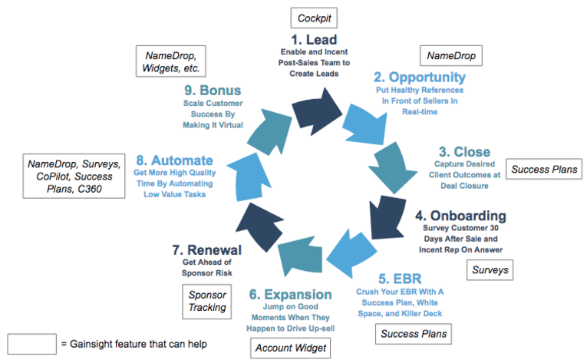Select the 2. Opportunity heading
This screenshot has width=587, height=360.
click(420, 78)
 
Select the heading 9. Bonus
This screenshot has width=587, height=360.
click(213, 90)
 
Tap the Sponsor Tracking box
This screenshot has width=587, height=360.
click(207, 301)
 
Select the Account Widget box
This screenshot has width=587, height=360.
click(289, 348)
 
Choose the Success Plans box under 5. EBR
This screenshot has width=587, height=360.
click(414, 334)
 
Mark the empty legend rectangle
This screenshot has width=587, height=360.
click(31, 343)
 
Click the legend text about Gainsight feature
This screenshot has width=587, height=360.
click(135, 343)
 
